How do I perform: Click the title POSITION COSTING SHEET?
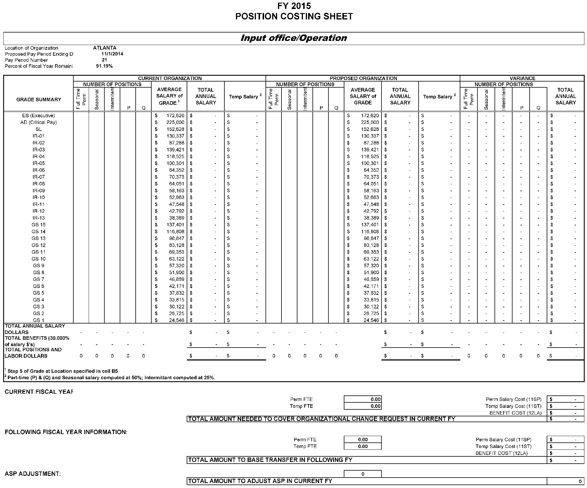tap(294, 17)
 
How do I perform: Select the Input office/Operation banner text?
tap(294, 38)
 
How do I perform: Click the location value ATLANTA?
tap(105, 48)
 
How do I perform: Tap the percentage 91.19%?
tap(104, 66)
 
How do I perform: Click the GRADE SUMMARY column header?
tap(39, 100)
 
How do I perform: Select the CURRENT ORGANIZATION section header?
tap(170, 78)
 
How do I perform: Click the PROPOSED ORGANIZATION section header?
tap(363, 78)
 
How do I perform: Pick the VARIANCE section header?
tap(522, 78)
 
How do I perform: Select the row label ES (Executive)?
tap(39, 115)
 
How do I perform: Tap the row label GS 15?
tap(39, 225)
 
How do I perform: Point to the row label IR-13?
tap(39, 218)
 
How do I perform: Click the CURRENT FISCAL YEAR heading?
tap(39, 392)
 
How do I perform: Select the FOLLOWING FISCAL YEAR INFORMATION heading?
tap(66, 432)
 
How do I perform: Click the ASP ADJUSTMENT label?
tap(33, 474)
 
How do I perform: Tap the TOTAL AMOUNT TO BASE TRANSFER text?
tap(270, 460)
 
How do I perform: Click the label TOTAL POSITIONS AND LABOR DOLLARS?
tap(33, 353)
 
